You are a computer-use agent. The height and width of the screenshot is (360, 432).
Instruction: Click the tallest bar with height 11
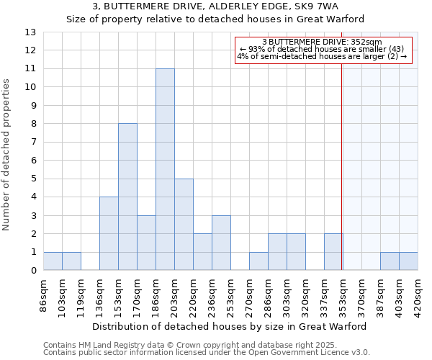[165, 169]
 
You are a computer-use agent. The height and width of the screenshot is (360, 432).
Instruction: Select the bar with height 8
[127, 197]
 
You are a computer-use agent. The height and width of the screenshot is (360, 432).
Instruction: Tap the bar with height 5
[184, 225]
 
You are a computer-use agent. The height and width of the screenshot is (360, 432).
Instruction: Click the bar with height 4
[109, 233]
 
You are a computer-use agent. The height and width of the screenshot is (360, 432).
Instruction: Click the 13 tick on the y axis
[30, 32]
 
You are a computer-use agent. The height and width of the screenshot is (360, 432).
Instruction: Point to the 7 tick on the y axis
[33, 143]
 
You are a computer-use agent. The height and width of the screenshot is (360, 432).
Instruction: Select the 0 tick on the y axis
[33, 271]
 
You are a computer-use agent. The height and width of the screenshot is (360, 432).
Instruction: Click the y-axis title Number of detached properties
[7, 155]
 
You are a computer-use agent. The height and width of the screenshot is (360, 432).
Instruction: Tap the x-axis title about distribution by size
[230, 326]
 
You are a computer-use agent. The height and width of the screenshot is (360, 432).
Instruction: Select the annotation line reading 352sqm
[322, 42]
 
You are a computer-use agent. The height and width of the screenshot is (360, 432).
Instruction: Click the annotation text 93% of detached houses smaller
[322, 49]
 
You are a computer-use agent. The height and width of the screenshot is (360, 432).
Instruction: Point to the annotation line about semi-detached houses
[322, 56]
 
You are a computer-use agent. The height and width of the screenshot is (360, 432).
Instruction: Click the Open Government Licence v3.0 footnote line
[207, 353]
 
